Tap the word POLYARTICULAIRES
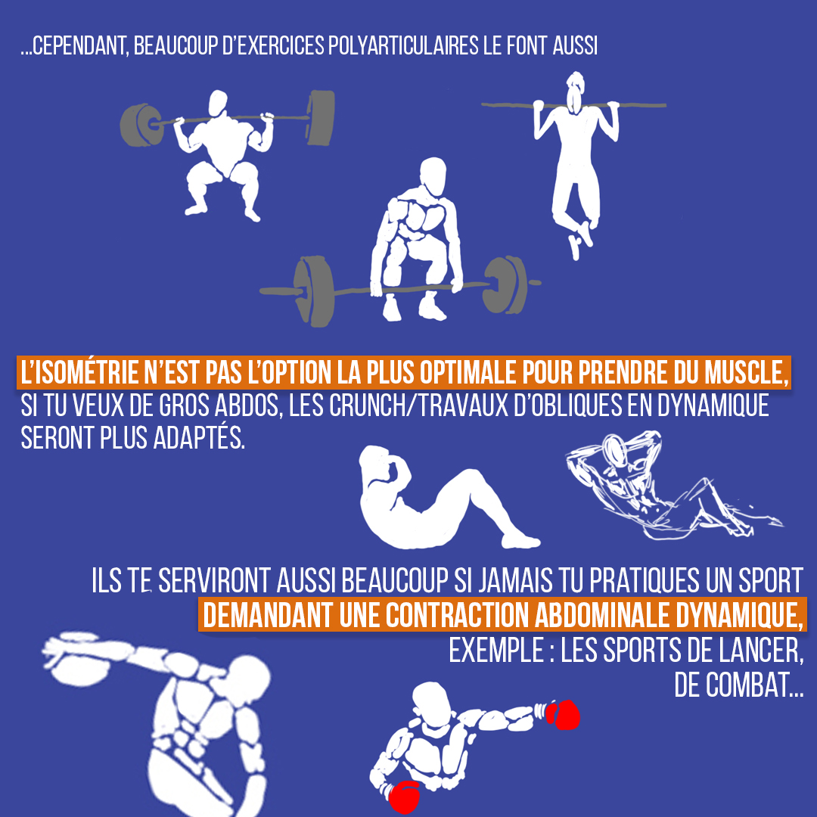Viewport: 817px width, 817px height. point(402,46)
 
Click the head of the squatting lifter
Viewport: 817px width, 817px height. point(217,102)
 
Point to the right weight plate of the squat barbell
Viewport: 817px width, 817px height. point(319,118)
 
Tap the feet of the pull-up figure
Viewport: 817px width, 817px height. point(581,239)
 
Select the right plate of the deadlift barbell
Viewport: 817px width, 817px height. point(505,285)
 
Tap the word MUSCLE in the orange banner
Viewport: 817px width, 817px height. point(745,372)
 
